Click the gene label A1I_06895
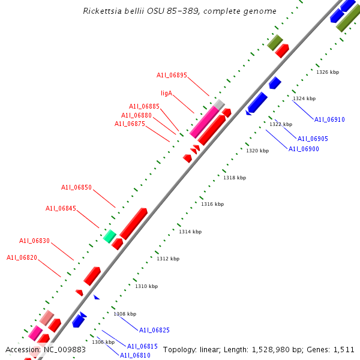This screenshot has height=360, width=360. (x=172, y=76)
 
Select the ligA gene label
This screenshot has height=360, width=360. (x=166, y=94)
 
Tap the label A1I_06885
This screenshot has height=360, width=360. (x=144, y=107)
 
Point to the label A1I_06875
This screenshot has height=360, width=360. (x=130, y=124)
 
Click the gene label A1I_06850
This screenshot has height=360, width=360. (x=76, y=188)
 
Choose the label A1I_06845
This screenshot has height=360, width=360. (x=61, y=209)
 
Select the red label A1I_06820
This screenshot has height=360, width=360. (x=22, y=257)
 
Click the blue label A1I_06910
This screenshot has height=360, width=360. (x=329, y=119)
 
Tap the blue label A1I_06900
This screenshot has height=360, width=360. (x=304, y=149)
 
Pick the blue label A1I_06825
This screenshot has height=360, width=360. (x=154, y=330)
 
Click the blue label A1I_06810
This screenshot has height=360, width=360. (x=135, y=355)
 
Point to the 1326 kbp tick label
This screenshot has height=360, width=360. (x=328, y=72)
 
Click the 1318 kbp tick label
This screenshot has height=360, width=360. (x=235, y=178)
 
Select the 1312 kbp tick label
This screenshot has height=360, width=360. (x=168, y=259)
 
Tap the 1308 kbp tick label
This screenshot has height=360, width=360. (x=125, y=314)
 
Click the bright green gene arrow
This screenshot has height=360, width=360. (x=109, y=236)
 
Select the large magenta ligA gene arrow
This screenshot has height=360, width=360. (x=204, y=121)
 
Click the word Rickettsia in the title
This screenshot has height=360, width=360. (x=103, y=11)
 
